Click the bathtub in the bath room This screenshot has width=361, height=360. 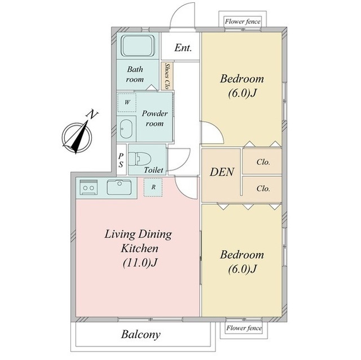click(138, 46)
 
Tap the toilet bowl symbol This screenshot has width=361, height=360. click(139, 159)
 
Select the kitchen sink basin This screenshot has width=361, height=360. click(119, 187)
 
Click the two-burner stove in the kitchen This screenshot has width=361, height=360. click(89, 187)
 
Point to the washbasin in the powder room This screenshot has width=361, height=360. click(126, 129)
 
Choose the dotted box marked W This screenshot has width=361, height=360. click(127, 103)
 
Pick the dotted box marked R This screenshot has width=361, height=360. click(153, 187)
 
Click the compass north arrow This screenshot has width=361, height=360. click(80, 137)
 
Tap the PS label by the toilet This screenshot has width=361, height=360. click(121, 160)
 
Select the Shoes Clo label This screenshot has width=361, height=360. click(168, 76)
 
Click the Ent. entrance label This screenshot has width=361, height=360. click(183, 48)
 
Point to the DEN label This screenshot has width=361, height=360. click(222, 172)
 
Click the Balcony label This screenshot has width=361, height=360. click(140, 335)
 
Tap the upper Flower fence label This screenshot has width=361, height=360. click(243, 21)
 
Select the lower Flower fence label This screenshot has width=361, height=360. click(244, 328)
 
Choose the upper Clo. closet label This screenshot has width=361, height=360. click(263, 162)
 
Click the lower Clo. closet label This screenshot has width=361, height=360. click(263, 189)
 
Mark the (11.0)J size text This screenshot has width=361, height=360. click(140, 263)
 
